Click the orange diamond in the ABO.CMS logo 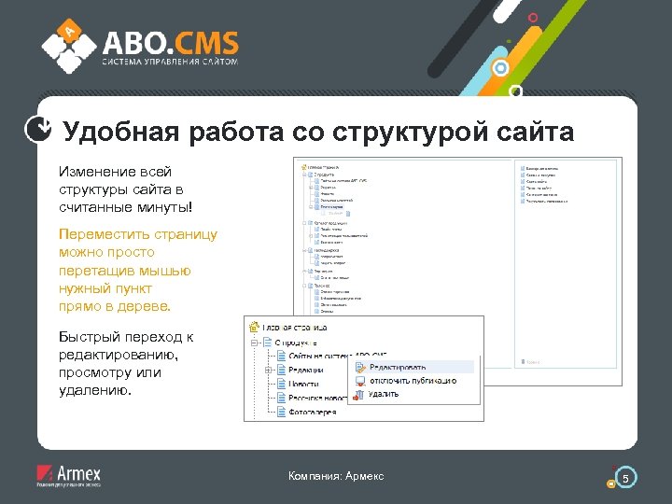[67, 32]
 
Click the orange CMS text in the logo [204, 43]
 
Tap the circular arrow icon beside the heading [38, 132]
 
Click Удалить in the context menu [384, 394]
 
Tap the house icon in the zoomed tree [252, 327]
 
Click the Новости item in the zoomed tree [305, 384]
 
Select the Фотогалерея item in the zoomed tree [313, 412]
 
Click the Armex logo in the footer [68, 476]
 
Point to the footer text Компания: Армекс [336, 477]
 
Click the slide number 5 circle [626, 478]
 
